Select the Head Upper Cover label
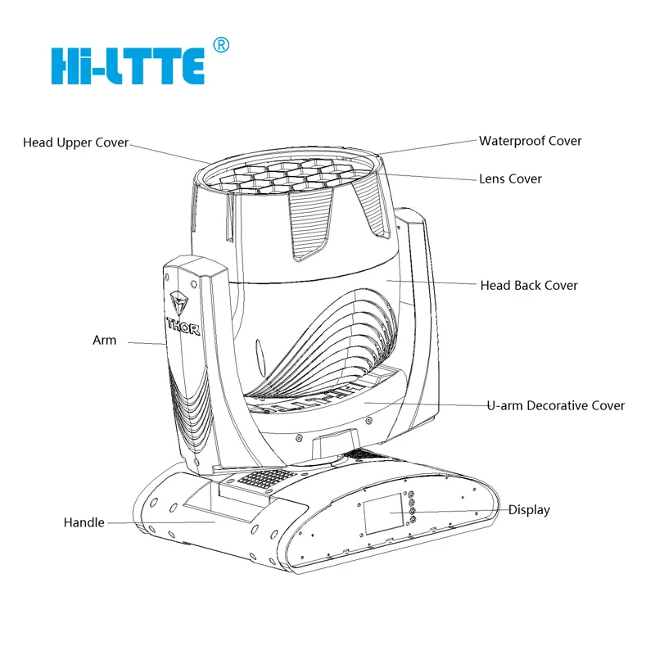(x=75, y=142)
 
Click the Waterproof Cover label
(x=530, y=141)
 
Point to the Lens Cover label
(x=510, y=178)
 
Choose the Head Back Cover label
(x=529, y=286)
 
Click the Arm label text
(x=104, y=340)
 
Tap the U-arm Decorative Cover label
(x=555, y=405)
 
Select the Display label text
(x=529, y=510)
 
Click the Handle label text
(x=84, y=522)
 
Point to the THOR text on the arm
(x=183, y=323)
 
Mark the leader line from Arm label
(x=143, y=342)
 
